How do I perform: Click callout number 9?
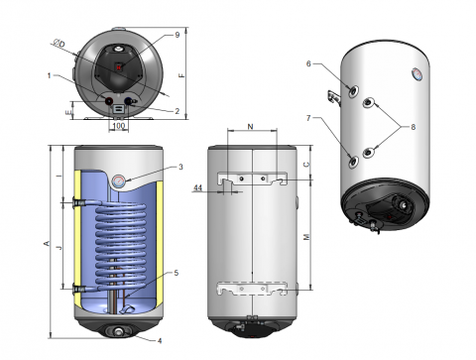(x=178, y=35)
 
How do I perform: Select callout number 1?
(x=50, y=75)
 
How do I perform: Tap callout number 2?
(x=178, y=111)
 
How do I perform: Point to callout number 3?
(x=180, y=167)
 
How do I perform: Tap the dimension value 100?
(x=119, y=126)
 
